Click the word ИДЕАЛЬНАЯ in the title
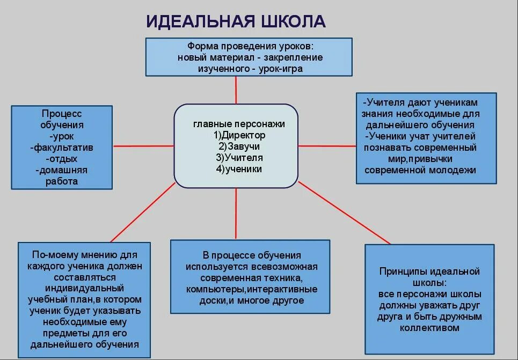(200, 21)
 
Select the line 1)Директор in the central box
(239, 135)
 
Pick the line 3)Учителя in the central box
(239, 157)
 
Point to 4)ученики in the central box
(239, 168)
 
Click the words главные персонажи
(239, 124)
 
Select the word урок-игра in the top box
(280, 69)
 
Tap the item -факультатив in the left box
(62, 148)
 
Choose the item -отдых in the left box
(62, 159)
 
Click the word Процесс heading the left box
(62, 114)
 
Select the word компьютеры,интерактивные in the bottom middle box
(252, 289)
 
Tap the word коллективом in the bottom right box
(429, 328)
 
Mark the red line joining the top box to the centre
(236, 90)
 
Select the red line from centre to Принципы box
(344, 213)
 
